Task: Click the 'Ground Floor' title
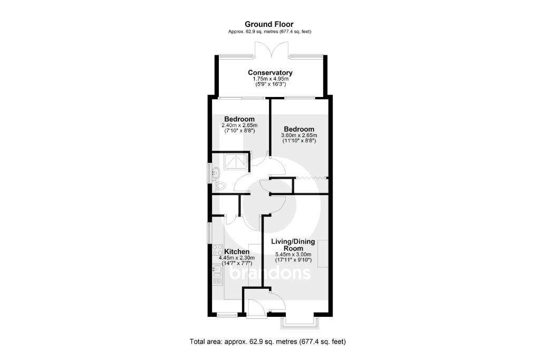(269, 24)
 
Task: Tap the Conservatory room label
(270, 73)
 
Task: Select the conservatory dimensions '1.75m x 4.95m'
(270, 79)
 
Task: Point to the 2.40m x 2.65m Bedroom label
(239, 119)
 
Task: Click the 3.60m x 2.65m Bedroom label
(298, 129)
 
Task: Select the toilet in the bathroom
(219, 185)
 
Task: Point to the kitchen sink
(216, 274)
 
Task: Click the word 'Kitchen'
(237, 252)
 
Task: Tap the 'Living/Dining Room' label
(293, 245)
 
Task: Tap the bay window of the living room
(298, 319)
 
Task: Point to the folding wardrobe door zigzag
(311, 178)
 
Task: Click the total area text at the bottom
(267, 342)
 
